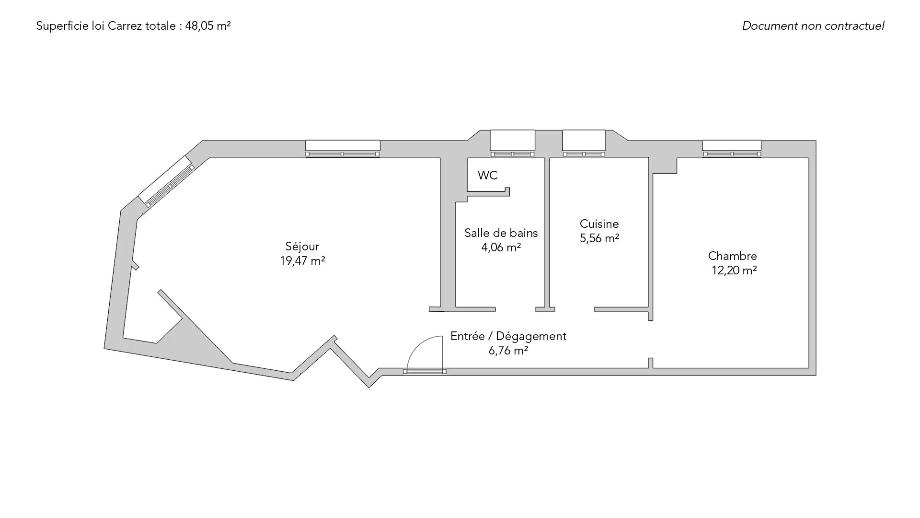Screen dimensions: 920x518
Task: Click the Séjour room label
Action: pyautogui.click(x=302, y=247)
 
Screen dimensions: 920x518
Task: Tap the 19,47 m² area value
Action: pyautogui.click(x=303, y=261)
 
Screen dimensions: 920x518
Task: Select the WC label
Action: pyautogui.click(x=487, y=176)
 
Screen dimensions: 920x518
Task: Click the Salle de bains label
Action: pyautogui.click(x=501, y=233)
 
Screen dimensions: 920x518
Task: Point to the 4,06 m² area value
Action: pyautogui.click(x=501, y=247)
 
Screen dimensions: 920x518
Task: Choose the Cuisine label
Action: pyautogui.click(x=599, y=224)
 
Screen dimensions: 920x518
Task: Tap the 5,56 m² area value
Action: pyautogui.click(x=599, y=238)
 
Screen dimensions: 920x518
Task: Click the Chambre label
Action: pyautogui.click(x=732, y=256)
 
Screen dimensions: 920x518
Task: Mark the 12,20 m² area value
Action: pyautogui.click(x=734, y=271)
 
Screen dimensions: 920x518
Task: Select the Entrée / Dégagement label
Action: pyautogui.click(x=508, y=336)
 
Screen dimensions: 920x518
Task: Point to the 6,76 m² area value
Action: pyautogui.click(x=508, y=351)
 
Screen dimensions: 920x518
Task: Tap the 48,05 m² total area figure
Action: pyautogui.click(x=208, y=26)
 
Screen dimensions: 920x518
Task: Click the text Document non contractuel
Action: pyautogui.click(x=813, y=26)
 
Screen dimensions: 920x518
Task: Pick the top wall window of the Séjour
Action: pyautogui.click(x=343, y=149)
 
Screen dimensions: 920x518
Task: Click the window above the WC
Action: pyautogui.click(x=512, y=143)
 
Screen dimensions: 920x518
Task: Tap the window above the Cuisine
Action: pyautogui.click(x=584, y=143)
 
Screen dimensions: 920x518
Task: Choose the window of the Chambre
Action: pyautogui.click(x=732, y=149)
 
